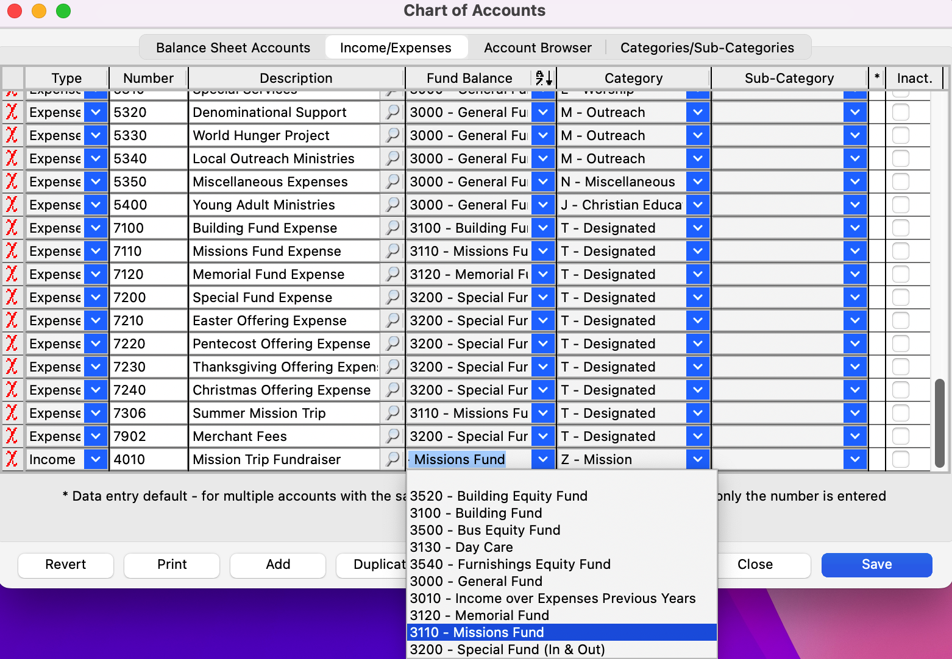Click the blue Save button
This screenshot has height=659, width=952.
876,565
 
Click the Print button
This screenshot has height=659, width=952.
172,565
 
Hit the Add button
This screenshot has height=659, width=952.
278,565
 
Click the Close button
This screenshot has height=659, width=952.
755,565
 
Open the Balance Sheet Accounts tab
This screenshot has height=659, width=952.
233,48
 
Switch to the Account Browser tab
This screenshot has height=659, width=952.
538,48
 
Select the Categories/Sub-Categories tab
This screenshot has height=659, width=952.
707,48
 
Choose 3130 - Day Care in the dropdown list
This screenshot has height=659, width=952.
461,547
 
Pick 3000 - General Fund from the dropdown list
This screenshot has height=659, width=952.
476,581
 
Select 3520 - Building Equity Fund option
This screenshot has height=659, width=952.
499,496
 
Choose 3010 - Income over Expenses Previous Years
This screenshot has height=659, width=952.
553,598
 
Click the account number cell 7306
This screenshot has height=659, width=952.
148,413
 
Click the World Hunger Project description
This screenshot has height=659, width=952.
261,135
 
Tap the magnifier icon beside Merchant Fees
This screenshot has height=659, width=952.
393,436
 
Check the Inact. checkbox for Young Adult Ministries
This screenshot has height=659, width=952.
900,205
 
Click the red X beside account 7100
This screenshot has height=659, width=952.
12,228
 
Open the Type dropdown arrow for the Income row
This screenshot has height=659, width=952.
96,459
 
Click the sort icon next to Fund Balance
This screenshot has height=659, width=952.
543,78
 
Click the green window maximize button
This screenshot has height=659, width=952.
63,11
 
